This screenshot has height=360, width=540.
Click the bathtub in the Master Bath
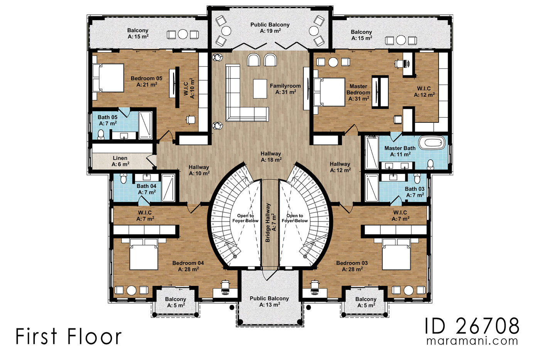pyautogui.click(x=432, y=143)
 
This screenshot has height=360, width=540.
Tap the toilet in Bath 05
pyautogui.click(x=101, y=134)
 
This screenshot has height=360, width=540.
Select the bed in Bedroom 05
pyautogui.click(x=108, y=78)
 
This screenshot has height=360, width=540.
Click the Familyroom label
pyautogui.click(x=285, y=89)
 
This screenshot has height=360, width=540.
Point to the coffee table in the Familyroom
pyautogui.click(x=260, y=88)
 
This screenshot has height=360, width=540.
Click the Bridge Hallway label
pyautogui.click(x=270, y=223)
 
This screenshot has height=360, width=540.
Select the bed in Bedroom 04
pyautogui.click(x=143, y=254)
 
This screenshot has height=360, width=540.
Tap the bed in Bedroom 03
pyautogui.click(x=396, y=254)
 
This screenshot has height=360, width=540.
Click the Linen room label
pyautogui.click(x=120, y=161)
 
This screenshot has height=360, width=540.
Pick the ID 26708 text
pyautogui.click(x=472, y=326)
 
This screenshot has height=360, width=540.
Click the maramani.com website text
pyautogui.click(x=472, y=341)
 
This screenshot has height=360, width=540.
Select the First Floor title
pyautogui.click(x=69, y=336)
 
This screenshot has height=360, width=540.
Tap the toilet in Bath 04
pyautogui.click(x=123, y=179)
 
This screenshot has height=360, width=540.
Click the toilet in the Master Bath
pyautogui.click(x=430, y=165)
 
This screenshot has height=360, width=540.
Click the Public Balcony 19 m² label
pyautogui.click(x=270, y=27)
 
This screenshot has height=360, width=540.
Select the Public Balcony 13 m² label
pyautogui.click(x=269, y=301)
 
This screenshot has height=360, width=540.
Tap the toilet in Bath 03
pyautogui.click(x=417, y=179)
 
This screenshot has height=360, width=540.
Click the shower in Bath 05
pyautogui.click(x=145, y=125)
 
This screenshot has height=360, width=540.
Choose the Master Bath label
pyautogui.click(x=400, y=151)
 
